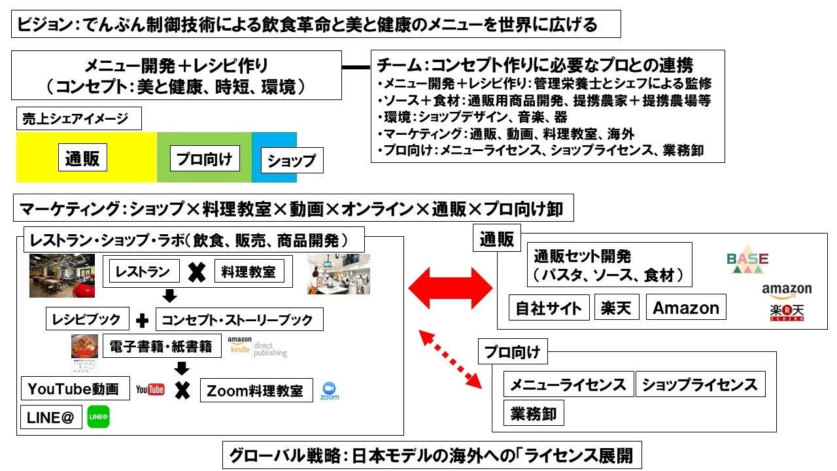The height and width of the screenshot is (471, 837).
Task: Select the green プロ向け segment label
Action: pyautogui.click(x=205, y=159)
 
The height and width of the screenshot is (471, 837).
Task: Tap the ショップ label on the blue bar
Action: pyautogui.click(x=292, y=160)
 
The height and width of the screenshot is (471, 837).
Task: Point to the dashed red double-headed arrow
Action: pyautogui.click(x=451, y=359)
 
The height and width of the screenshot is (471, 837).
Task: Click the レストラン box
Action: pyautogui.click(x=143, y=271)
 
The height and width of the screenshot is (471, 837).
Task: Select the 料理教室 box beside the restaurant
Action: pyautogui.click(x=249, y=271)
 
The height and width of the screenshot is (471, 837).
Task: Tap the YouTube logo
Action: pyautogui.click(x=150, y=390)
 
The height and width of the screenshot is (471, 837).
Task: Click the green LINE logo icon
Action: pyautogui.click(x=98, y=417)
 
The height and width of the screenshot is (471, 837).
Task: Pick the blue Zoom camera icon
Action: pyautogui.click(x=330, y=390)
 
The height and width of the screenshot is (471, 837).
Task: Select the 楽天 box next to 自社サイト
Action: pyautogui.click(x=617, y=308)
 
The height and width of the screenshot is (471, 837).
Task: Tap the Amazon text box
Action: pyautogui.click(x=686, y=308)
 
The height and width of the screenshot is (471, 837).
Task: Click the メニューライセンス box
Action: pyautogui.click(x=568, y=385)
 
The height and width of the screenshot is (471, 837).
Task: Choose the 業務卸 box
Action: pyautogui.click(x=534, y=413)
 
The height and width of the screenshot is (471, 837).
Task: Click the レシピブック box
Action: pyautogui.click(x=87, y=319)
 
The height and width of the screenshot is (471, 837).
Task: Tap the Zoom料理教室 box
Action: pyautogui.click(x=255, y=391)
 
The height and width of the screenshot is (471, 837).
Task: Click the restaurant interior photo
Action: pyautogui.click(x=62, y=275)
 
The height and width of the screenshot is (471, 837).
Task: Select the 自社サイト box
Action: pyautogui.click(x=549, y=308)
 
